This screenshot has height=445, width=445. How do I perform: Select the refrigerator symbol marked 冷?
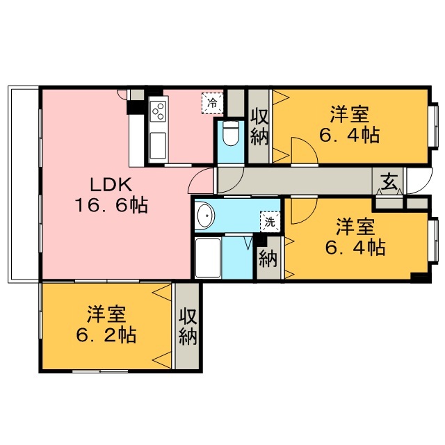[x=212, y=103]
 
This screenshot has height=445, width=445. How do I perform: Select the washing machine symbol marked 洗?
[x=268, y=222]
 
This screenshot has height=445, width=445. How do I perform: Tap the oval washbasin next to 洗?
[x=205, y=217]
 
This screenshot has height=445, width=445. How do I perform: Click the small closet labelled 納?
[x=268, y=259]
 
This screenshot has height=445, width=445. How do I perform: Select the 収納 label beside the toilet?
[x=259, y=127]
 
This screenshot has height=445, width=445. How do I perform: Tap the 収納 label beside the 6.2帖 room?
[x=188, y=327]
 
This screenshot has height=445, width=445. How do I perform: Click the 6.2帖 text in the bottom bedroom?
[x=106, y=335]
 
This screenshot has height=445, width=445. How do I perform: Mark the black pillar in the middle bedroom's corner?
[x=420, y=277]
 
